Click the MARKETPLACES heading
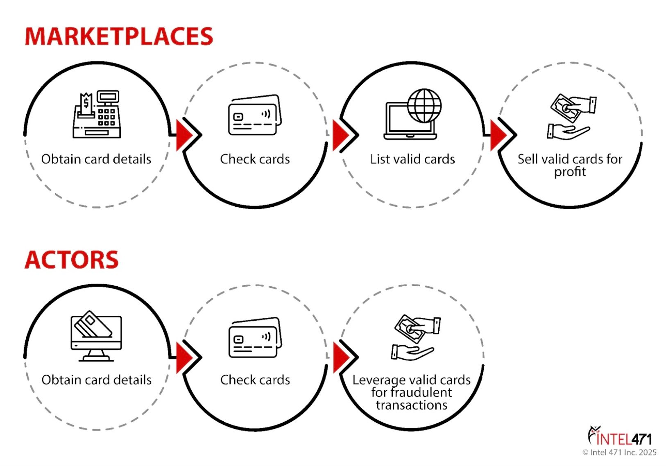point(119,36)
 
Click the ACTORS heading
point(72,260)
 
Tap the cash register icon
point(97,115)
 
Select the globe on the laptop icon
point(425,106)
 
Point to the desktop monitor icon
point(96,338)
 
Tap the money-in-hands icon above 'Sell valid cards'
point(571,117)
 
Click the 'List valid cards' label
point(412,159)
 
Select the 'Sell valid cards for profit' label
point(570,165)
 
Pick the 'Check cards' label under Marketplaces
point(255,159)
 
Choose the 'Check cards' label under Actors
point(255,380)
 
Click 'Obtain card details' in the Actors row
point(97,380)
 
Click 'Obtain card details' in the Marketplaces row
point(96,159)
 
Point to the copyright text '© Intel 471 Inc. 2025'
point(619,452)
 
